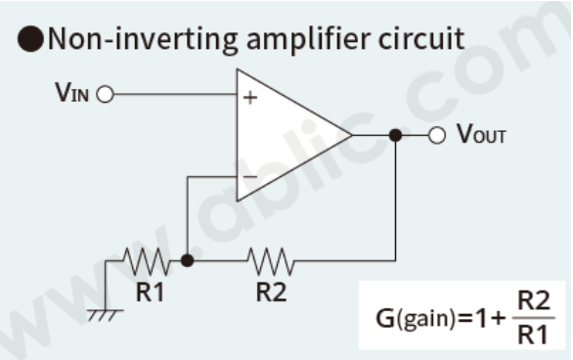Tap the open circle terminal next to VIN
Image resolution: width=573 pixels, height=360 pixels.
106,95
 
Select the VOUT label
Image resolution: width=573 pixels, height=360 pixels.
481,135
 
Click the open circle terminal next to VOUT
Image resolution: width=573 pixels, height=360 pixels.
438,135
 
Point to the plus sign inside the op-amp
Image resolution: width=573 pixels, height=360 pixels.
251,98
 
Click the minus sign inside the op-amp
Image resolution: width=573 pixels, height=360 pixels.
250,177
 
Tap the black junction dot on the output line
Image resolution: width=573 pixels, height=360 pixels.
395,135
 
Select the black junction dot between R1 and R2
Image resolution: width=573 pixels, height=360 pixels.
188,261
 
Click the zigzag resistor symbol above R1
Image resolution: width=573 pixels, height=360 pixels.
148,261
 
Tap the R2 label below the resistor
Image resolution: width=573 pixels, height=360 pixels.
271,292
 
